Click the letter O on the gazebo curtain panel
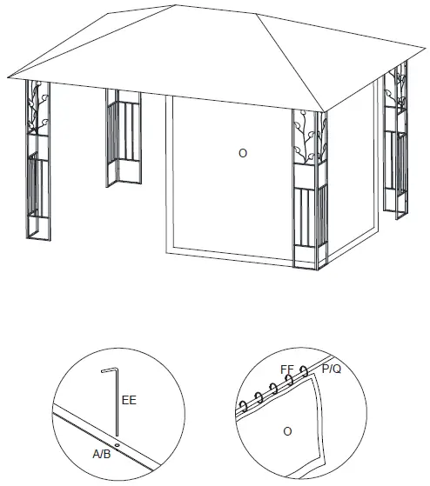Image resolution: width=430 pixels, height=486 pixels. pyautogui.click(x=243, y=153)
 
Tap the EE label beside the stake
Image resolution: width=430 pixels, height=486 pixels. pyautogui.click(x=129, y=400)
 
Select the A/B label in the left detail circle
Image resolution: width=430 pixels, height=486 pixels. pyautogui.click(x=103, y=453)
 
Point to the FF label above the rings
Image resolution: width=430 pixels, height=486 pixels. pyautogui.click(x=287, y=369)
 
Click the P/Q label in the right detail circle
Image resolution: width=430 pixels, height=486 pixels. pyautogui.click(x=332, y=369)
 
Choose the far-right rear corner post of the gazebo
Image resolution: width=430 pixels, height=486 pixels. pyautogui.click(x=400, y=139)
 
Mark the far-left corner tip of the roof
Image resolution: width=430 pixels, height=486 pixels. pyautogui.click(x=15, y=76)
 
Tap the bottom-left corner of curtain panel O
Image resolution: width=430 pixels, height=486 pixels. pyautogui.click(x=167, y=250)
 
